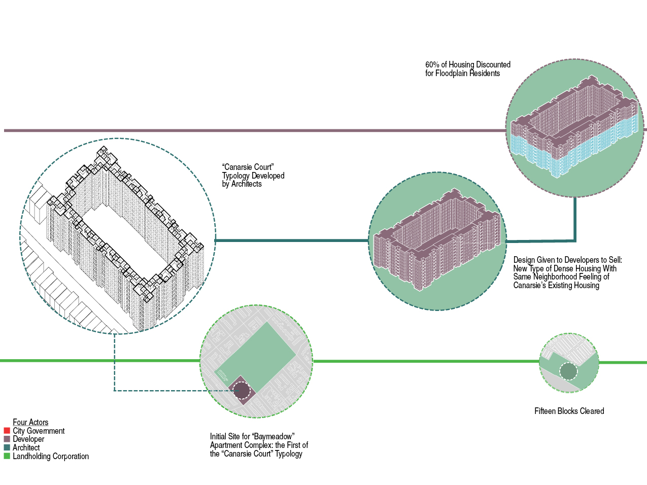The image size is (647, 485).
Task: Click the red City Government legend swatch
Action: tap(7, 431)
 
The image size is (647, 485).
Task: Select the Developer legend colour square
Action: tap(7, 439)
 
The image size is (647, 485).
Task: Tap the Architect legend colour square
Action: tap(7, 447)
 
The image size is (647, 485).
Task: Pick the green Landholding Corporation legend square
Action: tap(7, 456)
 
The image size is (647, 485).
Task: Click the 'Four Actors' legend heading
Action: tap(30, 422)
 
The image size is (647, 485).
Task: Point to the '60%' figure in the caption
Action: tap(432, 64)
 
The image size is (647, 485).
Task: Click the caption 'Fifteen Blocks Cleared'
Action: tap(569, 411)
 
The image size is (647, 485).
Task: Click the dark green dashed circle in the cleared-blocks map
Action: tap(568, 371)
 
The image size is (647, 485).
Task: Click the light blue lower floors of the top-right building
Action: tap(533, 152)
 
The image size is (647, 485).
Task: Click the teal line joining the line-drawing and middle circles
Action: tap(292, 240)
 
